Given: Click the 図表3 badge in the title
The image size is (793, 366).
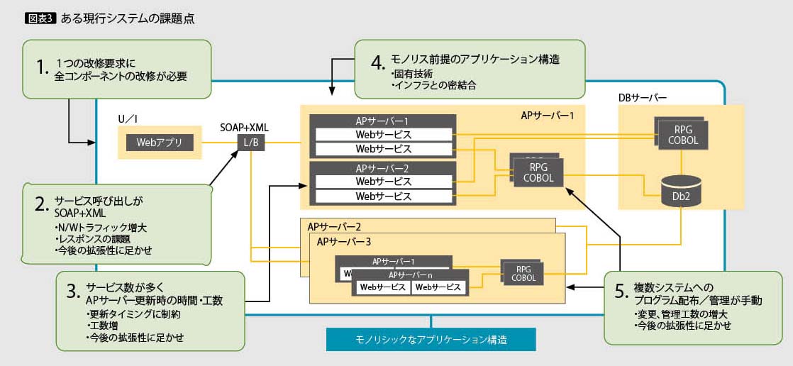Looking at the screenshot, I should tap(40, 18).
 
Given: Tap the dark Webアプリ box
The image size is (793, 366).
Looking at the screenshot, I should tap(160, 143).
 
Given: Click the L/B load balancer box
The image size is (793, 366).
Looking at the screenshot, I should tap(252, 143).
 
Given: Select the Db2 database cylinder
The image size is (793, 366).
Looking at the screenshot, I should tap(681, 192).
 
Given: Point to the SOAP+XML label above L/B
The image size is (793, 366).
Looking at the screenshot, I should tap(244, 127).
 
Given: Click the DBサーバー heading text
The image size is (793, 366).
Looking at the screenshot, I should tap(643, 98).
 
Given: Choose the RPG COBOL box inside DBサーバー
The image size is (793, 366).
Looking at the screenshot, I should tap(681, 135).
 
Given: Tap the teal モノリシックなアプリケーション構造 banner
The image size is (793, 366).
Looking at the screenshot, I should tap(431, 339).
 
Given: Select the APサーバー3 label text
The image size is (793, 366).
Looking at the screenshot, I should tap(344, 242).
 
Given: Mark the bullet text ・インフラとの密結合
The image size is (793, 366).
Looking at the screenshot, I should tap(433, 85).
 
